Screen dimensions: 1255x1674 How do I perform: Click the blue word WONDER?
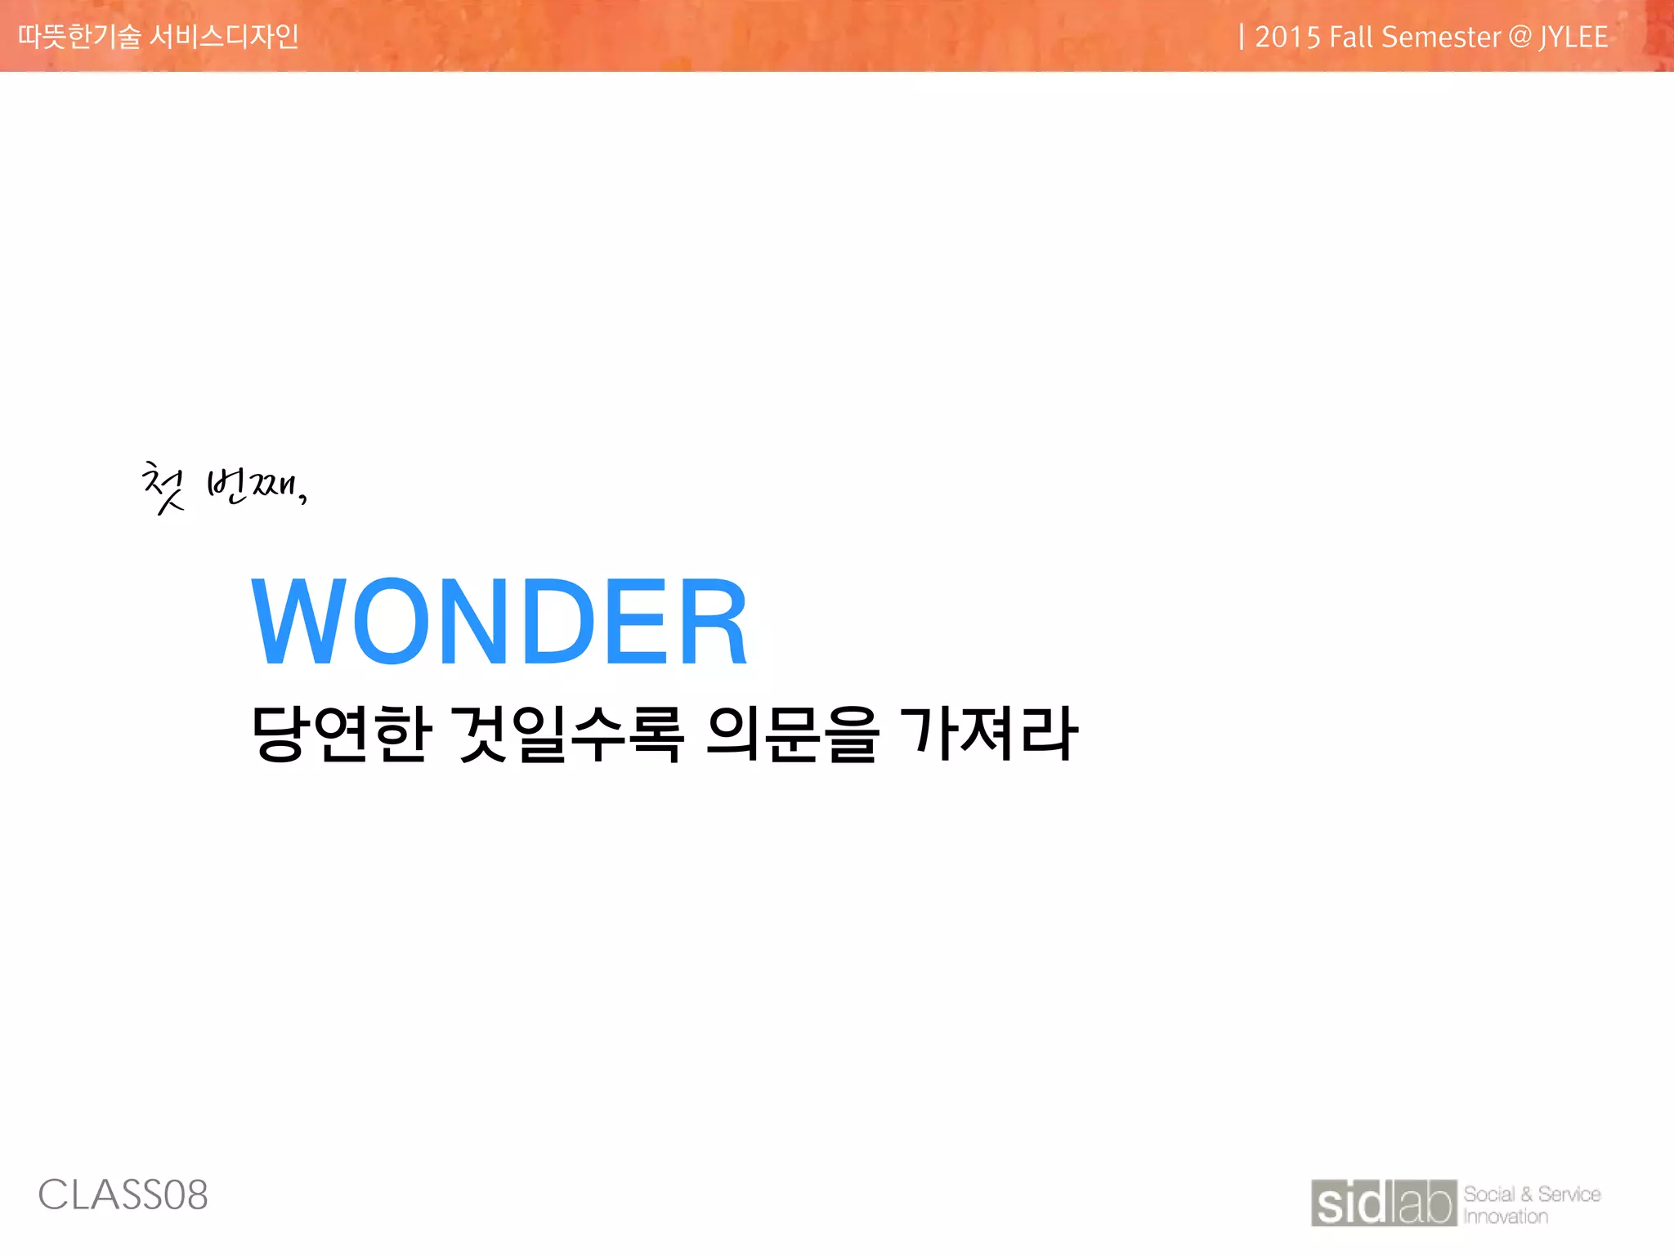point(499,621)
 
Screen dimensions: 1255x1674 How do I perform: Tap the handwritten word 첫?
point(163,487)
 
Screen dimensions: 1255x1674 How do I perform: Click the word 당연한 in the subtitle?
point(341,733)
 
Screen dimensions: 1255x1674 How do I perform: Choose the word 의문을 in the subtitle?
point(792,733)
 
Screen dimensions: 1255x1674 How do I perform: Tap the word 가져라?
point(989,733)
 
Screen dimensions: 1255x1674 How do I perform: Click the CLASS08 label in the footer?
point(123,1195)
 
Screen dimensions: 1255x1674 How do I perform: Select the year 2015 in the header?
point(1287,38)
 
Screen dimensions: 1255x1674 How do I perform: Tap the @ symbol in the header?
point(1520,38)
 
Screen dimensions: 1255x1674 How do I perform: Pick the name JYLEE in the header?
point(1573,38)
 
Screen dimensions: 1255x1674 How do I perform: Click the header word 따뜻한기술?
point(79,37)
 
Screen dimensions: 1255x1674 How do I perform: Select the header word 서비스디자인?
point(225,37)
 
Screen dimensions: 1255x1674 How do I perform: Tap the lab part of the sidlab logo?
point(1427,1203)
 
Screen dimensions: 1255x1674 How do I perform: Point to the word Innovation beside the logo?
point(1506,1217)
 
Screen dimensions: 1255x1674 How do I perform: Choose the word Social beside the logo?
point(1489,1195)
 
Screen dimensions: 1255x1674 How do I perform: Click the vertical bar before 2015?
point(1242,37)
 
